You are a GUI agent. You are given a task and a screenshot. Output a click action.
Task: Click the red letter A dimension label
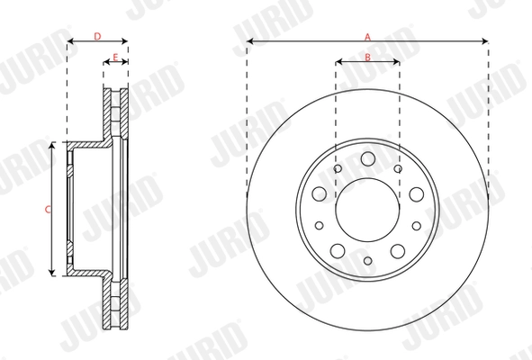coord(367,36)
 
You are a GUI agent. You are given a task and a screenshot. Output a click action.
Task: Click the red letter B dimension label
coord(367,57)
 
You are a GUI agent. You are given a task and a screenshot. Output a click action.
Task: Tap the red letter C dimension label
coord(47,209)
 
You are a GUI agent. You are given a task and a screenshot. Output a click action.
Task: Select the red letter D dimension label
coord(97,36)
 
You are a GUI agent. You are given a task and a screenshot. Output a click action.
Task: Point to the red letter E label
coord(114,57)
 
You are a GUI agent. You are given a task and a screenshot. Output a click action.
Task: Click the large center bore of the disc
coord(367,209)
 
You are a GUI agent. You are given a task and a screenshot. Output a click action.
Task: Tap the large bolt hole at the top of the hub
coord(367,158)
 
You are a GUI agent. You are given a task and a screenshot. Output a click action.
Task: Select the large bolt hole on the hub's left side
coord(320,193)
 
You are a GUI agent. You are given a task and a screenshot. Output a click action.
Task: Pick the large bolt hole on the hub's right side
coord(415,193)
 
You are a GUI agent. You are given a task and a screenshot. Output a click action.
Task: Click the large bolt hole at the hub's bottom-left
coord(338,249)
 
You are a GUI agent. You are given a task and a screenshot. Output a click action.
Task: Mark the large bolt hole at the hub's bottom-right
coord(397,249)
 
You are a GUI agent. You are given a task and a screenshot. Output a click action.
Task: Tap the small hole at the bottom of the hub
coord(367,261)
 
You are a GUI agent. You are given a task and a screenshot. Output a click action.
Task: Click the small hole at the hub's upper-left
coord(337,167)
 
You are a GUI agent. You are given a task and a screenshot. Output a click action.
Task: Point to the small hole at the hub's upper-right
coord(398,167)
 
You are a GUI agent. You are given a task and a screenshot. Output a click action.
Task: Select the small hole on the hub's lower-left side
coord(318,225)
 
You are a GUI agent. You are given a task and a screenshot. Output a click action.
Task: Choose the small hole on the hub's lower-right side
coord(417,225)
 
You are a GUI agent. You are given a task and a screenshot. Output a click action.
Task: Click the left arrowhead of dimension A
coord(249,40)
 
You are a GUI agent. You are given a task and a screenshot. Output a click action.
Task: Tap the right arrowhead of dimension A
coord(485,40)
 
